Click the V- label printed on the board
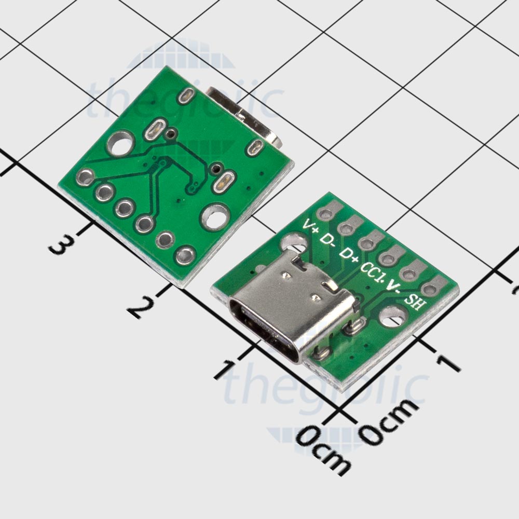(x=394, y=287)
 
